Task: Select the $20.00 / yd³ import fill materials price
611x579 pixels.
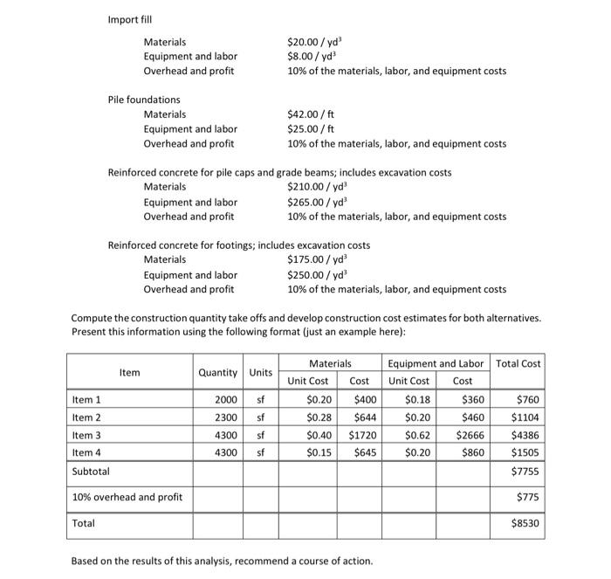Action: point(319,41)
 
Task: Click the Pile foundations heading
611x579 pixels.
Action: point(143,100)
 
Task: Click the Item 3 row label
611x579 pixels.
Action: point(86,435)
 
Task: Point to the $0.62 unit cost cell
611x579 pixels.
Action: point(416,435)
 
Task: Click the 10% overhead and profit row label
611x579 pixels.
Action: point(127,497)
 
